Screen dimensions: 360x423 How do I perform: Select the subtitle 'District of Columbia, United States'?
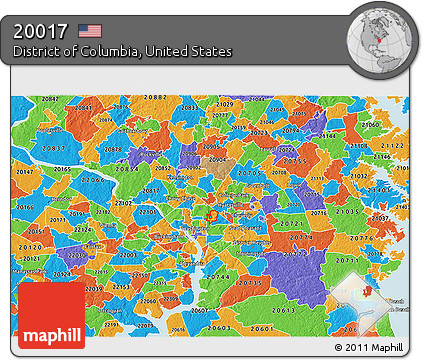[123, 50]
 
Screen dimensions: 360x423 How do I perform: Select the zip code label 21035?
[348, 212]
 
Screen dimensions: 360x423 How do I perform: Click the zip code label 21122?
[391, 144]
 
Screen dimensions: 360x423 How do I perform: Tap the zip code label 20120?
[30, 246]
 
